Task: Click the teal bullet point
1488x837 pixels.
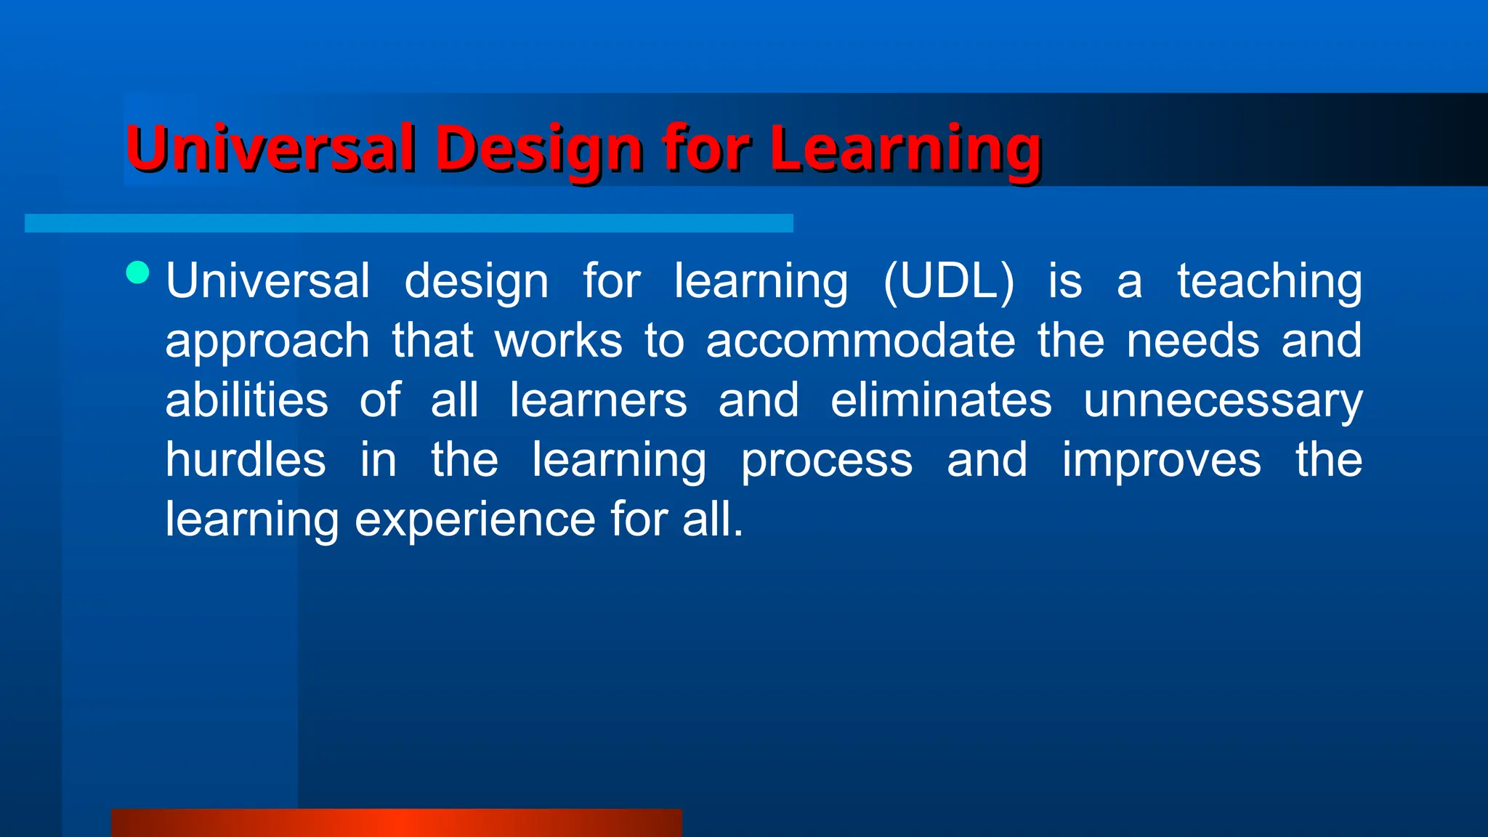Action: pyautogui.click(x=137, y=273)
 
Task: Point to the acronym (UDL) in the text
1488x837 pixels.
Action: pyautogui.click(x=948, y=281)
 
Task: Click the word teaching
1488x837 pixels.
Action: pyautogui.click(x=1269, y=281)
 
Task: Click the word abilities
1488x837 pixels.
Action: pyautogui.click(x=246, y=400)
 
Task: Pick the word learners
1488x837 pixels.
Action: pyautogui.click(x=597, y=400)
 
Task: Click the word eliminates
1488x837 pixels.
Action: pyautogui.click(x=941, y=400)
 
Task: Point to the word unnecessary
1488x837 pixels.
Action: pyautogui.click(x=1222, y=400)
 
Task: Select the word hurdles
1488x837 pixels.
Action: pyautogui.click(x=246, y=460)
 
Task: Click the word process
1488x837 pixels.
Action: pyautogui.click(x=826, y=460)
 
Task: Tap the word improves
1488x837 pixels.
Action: pyautogui.click(x=1161, y=460)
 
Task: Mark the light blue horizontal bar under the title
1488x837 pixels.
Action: pyautogui.click(x=408, y=223)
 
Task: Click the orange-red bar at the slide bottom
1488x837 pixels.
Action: pyautogui.click(x=396, y=822)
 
